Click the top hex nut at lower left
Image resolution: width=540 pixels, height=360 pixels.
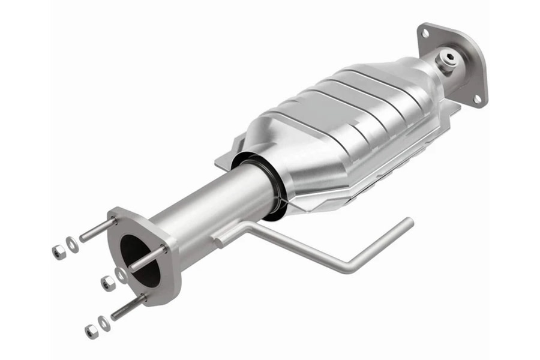[58, 251]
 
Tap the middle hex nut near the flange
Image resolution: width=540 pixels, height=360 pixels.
[108, 283]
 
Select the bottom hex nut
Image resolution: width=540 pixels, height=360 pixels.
[91, 331]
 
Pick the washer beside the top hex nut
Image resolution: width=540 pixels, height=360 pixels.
[72, 244]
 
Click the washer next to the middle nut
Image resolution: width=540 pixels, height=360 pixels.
[122, 275]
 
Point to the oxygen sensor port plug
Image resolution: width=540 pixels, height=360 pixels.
[448, 59]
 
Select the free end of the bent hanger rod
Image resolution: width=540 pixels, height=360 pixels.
[409, 223]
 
